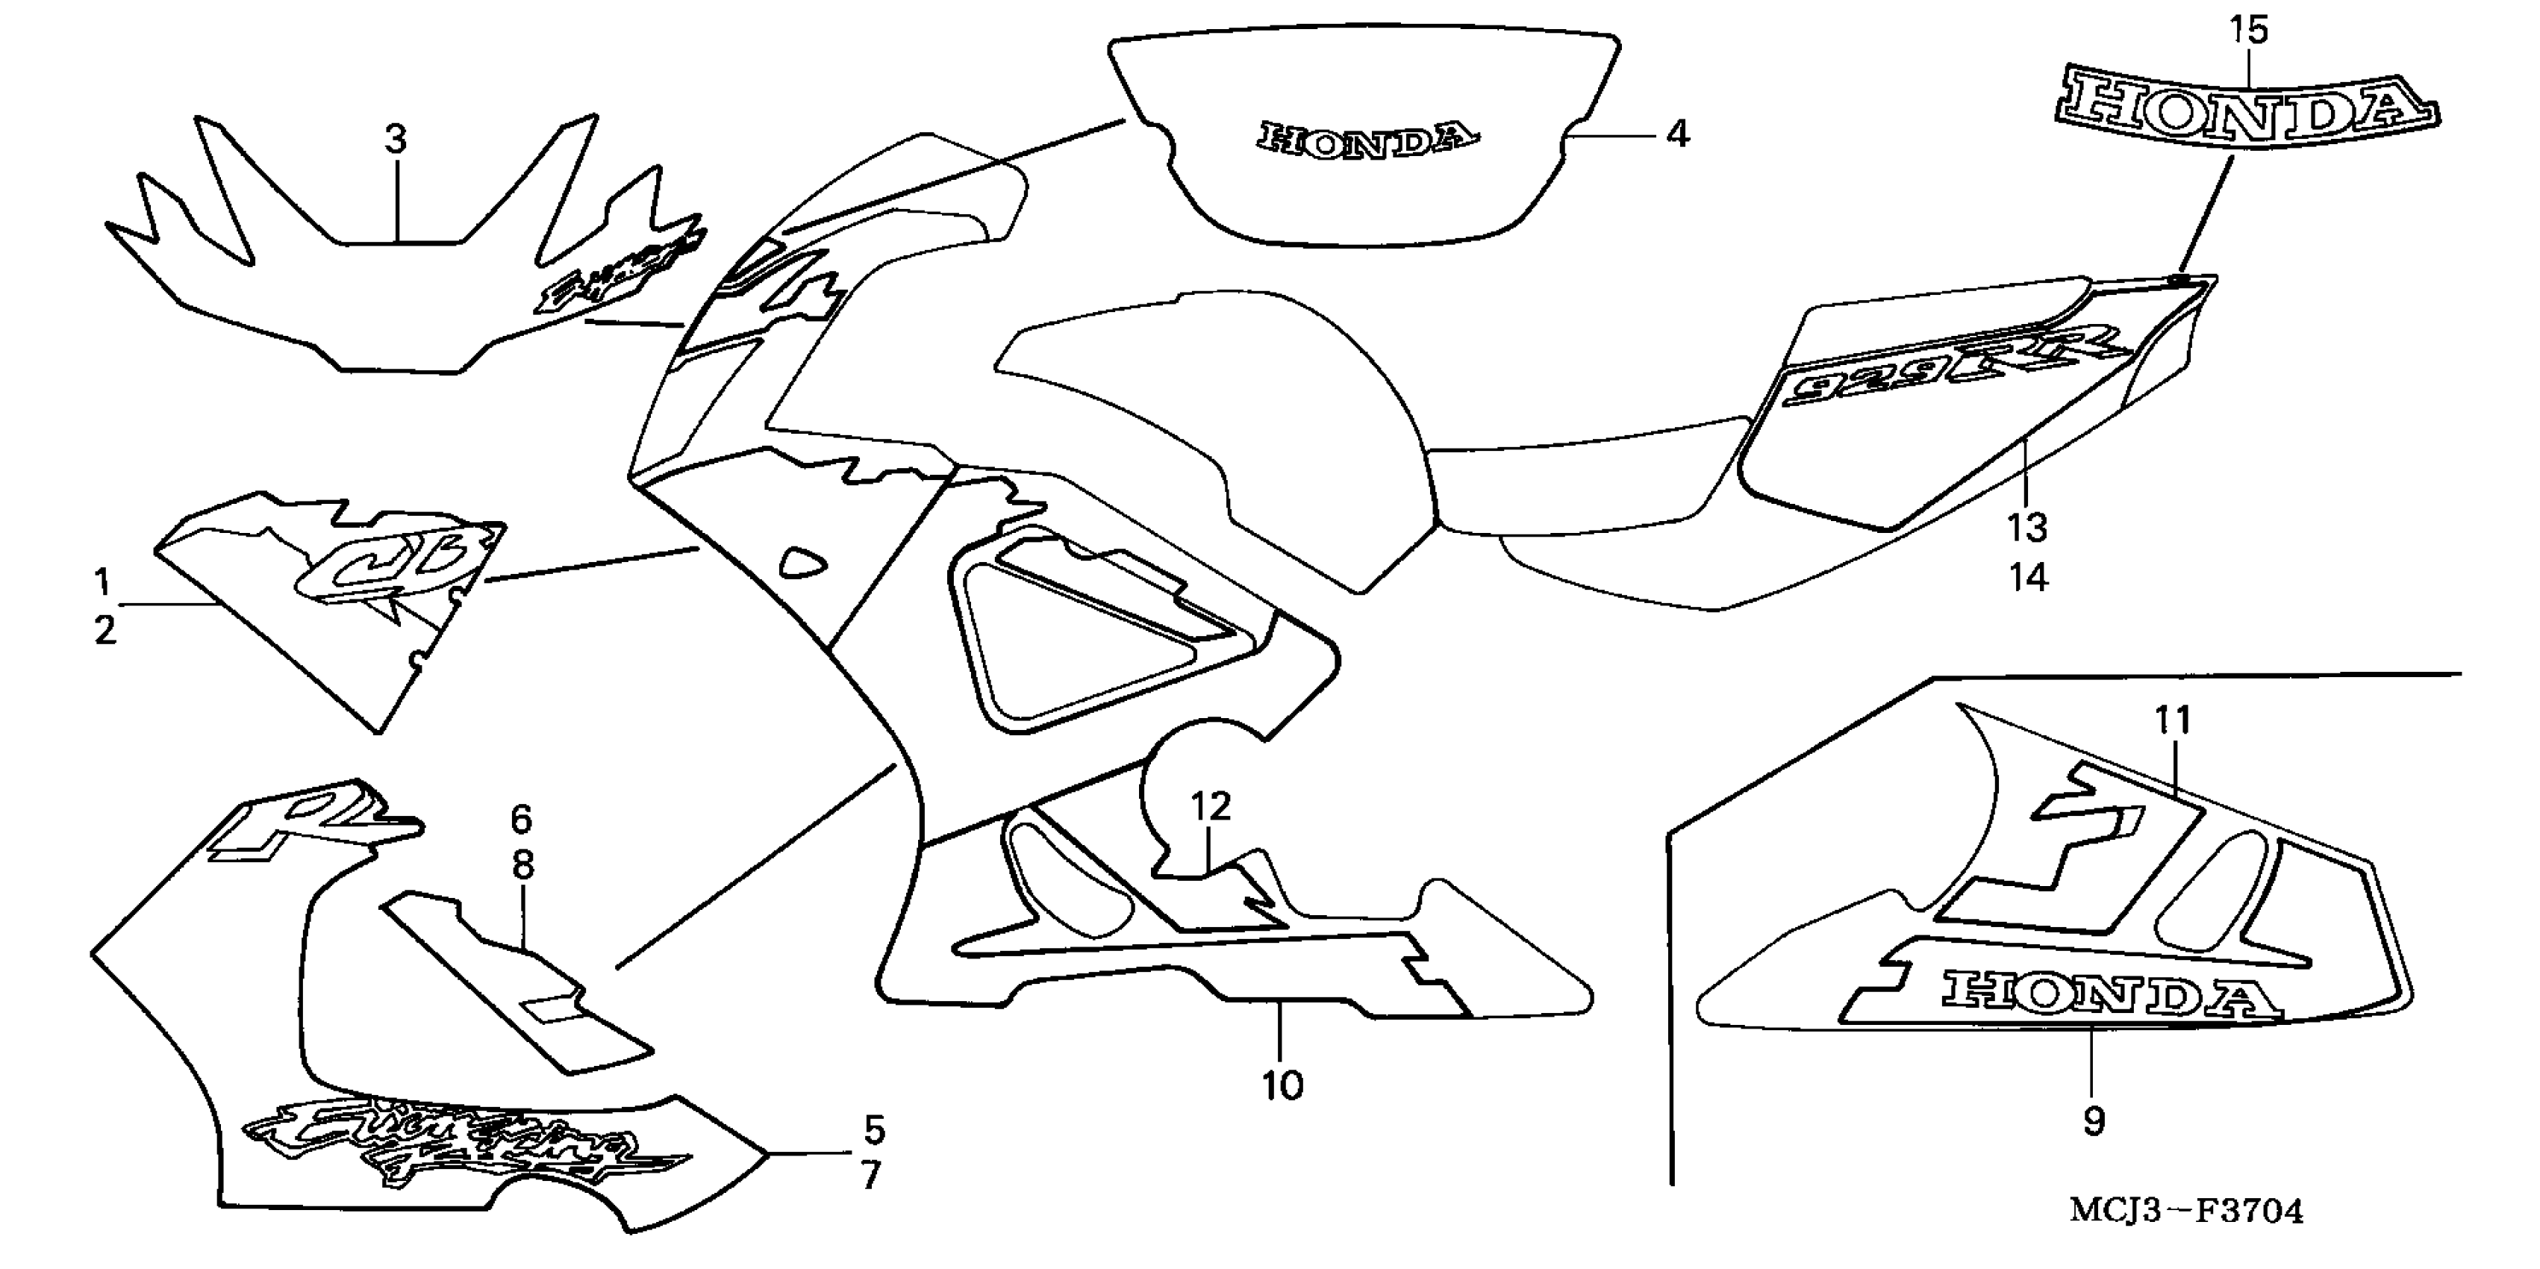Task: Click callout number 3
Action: point(396,140)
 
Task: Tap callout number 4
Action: point(1677,134)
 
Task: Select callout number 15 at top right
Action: point(2249,31)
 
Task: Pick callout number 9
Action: point(2094,1120)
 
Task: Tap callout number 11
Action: point(2172,721)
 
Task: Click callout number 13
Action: point(2027,529)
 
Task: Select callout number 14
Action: point(2028,578)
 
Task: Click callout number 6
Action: point(522,818)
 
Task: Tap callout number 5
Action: point(873,1130)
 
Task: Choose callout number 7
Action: point(870,1176)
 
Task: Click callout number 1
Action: point(102,583)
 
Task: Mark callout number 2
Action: point(104,630)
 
